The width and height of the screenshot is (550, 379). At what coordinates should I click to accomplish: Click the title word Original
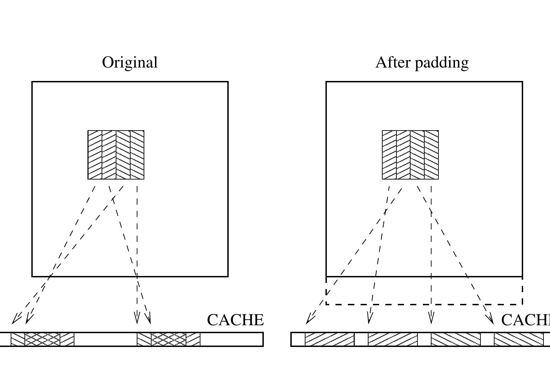130,62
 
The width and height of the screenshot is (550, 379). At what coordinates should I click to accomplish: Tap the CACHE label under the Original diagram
235,320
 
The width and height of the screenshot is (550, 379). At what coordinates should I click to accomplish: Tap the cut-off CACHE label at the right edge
525,320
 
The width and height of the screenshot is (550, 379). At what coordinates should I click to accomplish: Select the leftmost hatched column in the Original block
95,155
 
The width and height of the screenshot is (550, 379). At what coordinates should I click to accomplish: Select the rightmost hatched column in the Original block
137,155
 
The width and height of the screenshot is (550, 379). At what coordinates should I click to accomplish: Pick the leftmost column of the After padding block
389,155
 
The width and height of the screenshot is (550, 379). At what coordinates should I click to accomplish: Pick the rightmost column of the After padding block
431,155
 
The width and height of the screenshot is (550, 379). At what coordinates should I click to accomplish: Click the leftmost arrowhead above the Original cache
15,320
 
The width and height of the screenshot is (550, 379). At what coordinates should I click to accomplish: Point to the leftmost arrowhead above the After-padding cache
309,319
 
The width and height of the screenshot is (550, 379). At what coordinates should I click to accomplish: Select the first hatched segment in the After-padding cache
330,339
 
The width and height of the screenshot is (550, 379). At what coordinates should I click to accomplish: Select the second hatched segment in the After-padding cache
393,339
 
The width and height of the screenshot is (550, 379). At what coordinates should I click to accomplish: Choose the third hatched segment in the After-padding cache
456,339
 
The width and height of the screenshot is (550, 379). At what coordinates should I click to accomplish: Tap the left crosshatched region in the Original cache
42,339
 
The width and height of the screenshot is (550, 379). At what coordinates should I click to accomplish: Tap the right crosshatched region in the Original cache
169,339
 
